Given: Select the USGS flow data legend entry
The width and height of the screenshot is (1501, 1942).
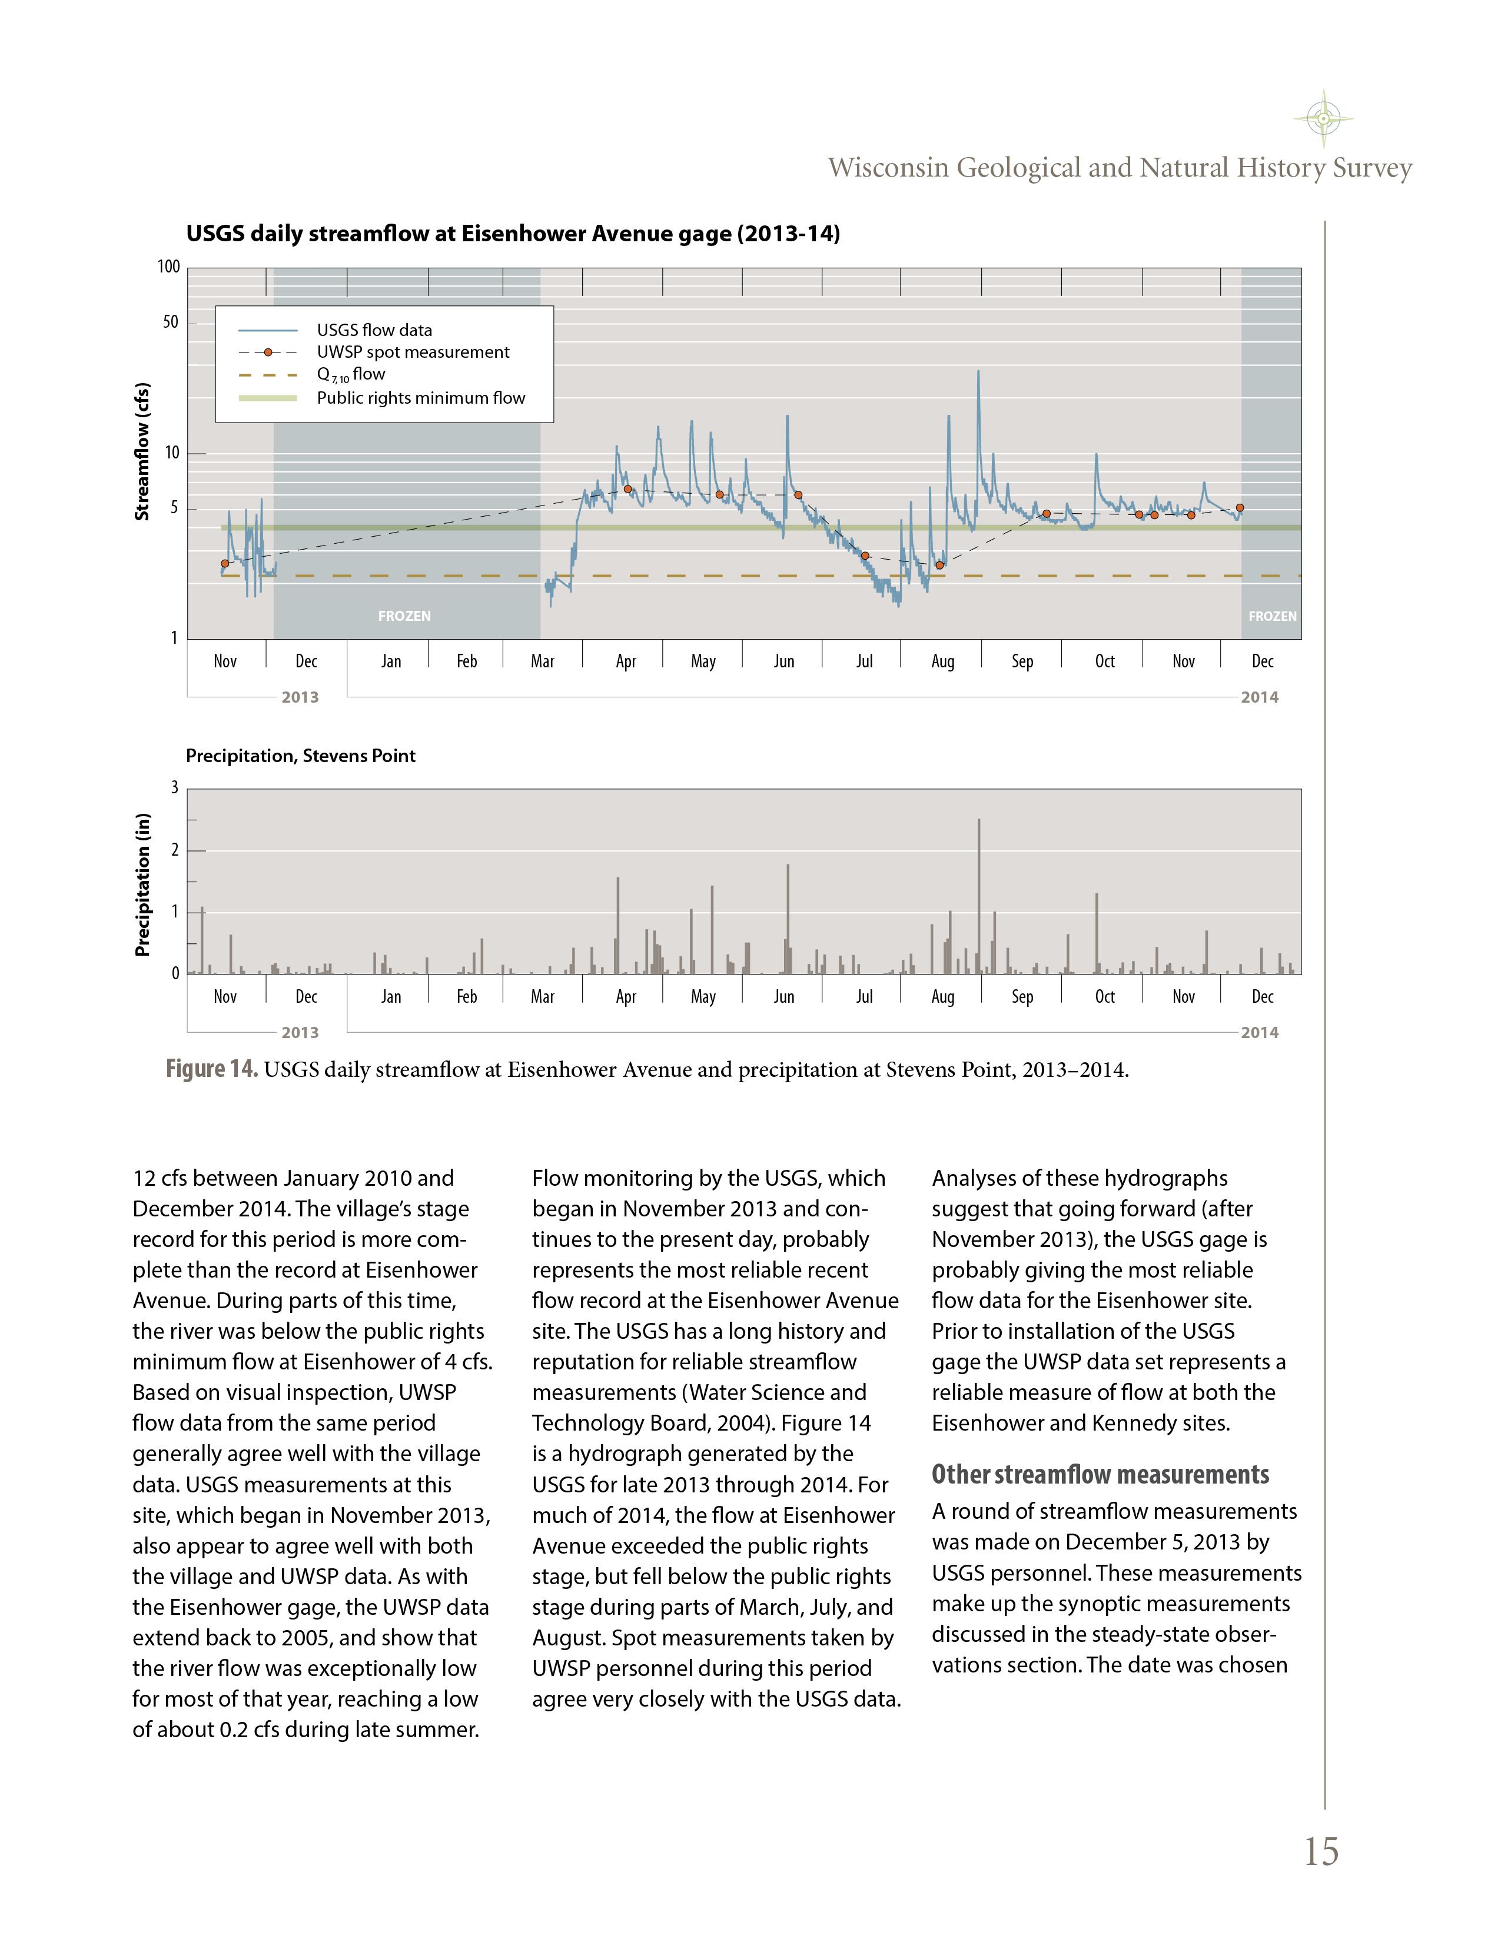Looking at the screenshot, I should click(373, 330).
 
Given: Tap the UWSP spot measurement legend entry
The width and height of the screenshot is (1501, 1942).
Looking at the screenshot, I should click(413, 352).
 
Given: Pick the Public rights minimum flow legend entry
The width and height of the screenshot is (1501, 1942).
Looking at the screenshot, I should click(421, 397).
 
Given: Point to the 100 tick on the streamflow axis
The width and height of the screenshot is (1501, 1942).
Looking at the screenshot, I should click(169, 267).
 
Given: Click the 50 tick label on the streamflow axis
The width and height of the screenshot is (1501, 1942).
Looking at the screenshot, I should click(171, 322).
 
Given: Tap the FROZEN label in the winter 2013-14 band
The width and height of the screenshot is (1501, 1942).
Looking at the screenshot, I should click(404, 616).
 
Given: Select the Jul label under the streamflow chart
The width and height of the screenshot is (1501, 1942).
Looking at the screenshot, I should click(864, 661).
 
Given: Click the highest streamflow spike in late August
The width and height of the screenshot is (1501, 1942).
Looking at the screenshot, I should click(978, 372).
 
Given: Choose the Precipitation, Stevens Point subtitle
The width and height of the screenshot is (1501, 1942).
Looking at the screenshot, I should click(301, 756).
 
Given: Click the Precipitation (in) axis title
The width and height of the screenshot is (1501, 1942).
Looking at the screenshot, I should click(141, 884).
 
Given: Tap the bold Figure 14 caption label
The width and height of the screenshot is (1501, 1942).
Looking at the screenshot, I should click(212, 1069).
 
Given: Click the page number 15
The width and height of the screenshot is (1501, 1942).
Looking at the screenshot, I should click(1320, 1852).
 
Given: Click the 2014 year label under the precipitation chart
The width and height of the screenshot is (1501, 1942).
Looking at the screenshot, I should click(1259, 1032).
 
